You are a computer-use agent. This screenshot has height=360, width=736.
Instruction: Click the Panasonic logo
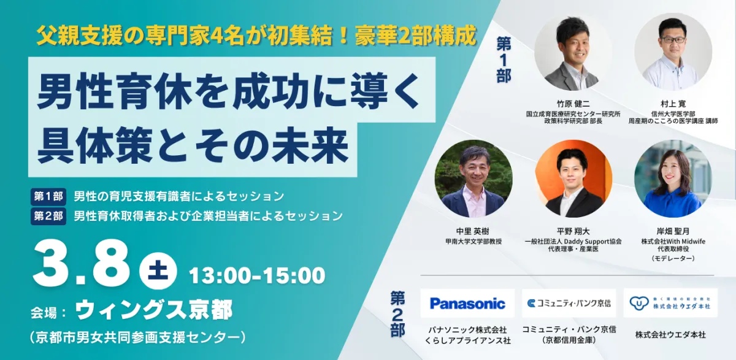(x=467, y=303)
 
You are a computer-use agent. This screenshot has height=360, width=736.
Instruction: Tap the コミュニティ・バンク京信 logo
(x=569, y=303)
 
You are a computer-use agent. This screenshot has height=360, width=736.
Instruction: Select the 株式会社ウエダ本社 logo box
(x=670, y=303)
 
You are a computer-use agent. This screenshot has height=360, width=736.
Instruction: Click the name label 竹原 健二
(x=573, y=104)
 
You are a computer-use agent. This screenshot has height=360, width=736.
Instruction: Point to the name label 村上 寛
(x=673, y=104)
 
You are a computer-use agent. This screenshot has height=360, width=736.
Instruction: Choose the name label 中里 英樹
(x=473, y=231)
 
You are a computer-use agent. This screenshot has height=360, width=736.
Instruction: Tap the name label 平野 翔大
(x=573, y=231)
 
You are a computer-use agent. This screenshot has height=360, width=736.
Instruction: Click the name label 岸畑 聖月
(x=673, y=231)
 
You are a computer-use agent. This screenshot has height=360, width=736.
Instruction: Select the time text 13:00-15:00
(x=257, y=275)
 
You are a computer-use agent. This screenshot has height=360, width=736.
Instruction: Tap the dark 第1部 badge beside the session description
(x=48, y=196)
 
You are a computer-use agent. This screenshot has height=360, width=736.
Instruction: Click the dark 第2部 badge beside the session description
(x=48, y=216)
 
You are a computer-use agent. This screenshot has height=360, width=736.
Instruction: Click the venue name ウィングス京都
(x=154, y=310)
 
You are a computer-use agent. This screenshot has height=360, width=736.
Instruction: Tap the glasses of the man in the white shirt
(x=673, y=40)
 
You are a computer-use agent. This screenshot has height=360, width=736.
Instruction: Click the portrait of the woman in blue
(x=673, y=178)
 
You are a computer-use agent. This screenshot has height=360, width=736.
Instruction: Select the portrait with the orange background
(x=573, y=178)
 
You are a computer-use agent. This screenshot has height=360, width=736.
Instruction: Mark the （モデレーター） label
(x=673, y=259)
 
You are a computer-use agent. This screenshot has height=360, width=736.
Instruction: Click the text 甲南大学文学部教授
(x=473, y=242)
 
